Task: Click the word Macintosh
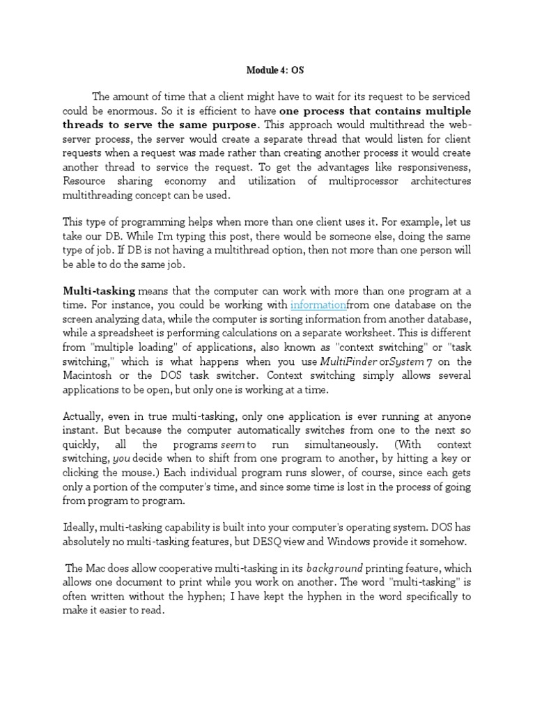click(88, 375)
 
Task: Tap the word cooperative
click(187, 569)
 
